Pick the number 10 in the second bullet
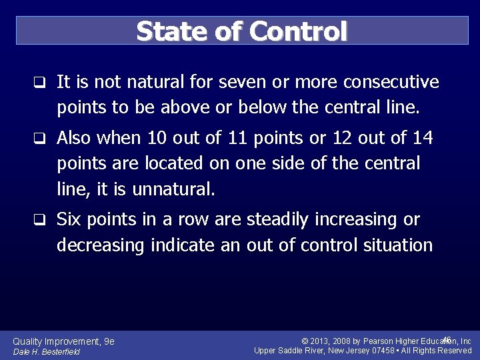pyautogui.click(x=157, y=139)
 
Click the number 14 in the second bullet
pyautogui.click(x=421, y=139)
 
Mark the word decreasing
pyautogui.click(x=101, y=245)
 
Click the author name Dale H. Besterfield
pyautogui.click(x=47, y=351)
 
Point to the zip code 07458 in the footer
pyautogui.click(x=382, y=351)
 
